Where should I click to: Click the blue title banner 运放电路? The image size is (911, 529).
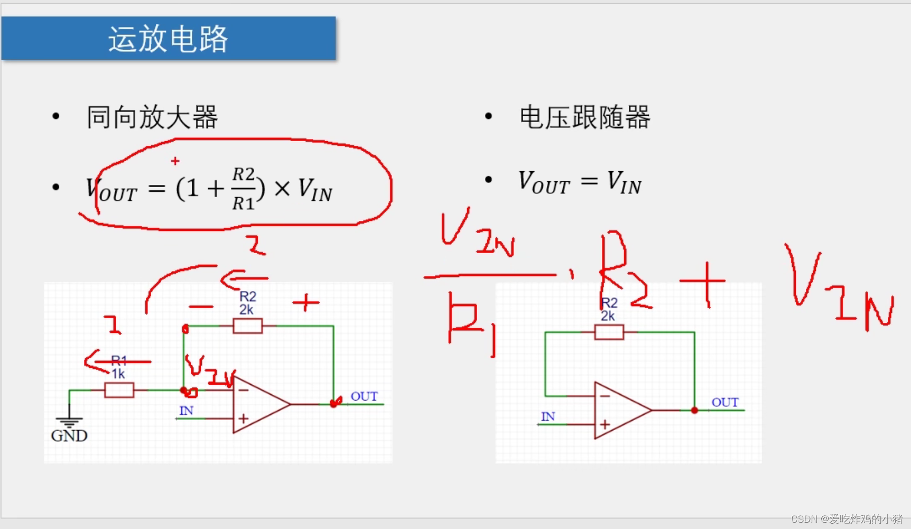tap(168, 39)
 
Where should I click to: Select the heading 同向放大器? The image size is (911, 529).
tap(152, 117)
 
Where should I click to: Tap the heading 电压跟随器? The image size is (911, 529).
tap(584, 117)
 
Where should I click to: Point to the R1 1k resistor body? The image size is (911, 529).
tap(119, 391)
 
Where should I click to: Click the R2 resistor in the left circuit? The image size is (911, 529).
tap(247, 326)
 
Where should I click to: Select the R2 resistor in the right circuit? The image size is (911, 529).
tap(609, 332)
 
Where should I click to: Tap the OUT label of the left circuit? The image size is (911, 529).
tap(364, 396)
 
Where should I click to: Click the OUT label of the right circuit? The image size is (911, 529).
tap(724, 403)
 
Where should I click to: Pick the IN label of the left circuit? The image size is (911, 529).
tap(186, 411)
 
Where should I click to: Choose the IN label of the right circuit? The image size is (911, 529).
tap(547, 417)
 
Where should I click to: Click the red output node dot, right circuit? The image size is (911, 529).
tap(694, 410)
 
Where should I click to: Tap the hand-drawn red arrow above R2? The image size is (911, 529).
tap(243, 279)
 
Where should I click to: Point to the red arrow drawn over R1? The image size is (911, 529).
tap(116, 361)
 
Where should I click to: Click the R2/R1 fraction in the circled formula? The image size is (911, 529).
tap(244, 189)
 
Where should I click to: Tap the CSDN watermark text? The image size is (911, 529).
tap(846, 518)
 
